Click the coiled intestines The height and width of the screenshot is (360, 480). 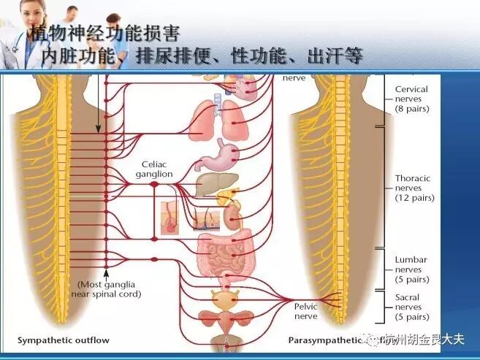[224, 252]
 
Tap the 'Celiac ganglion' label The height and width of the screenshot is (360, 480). [154, 169]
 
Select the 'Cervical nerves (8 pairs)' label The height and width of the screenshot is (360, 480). [411, 99]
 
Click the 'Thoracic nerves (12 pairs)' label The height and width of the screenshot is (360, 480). [414, 188]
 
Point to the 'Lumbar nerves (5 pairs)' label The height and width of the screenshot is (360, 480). [411, 269]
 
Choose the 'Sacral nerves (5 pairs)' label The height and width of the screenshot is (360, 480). [411, 307]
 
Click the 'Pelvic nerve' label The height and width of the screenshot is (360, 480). [305, 312]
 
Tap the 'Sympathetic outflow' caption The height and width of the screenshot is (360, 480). [64, 340]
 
